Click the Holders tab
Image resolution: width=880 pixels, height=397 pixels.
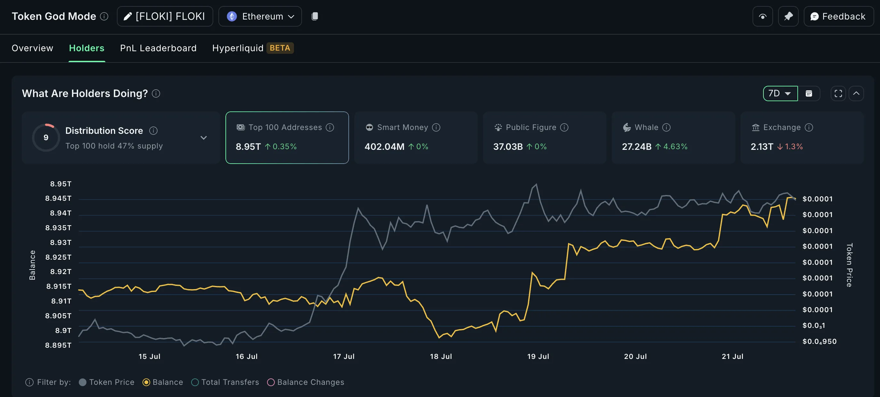click(86, 48)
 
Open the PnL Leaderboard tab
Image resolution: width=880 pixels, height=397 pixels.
click(158, 48)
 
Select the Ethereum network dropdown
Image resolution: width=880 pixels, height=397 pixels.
click(260, 16)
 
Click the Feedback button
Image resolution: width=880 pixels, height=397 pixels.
click(838, 16)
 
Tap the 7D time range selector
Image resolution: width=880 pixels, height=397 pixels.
click(780, 93)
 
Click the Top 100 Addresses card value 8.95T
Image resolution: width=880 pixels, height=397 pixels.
click(248, 147)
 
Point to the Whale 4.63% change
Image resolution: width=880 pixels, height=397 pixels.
click(675, 147)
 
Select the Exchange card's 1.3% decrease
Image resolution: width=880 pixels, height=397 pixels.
click(793, 147)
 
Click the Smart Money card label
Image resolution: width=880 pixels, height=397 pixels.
click(402, 127)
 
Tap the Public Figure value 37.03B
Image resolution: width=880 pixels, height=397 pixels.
click(508, 147)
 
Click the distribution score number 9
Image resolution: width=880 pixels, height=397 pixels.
click(46, 138)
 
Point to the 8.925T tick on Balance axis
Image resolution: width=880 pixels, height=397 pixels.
click(58, 257)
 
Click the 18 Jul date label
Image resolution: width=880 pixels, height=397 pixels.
click(441, 356)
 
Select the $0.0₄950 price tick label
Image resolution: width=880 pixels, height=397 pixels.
click(819, 341)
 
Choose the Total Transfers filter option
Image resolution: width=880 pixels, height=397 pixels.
click(230, 382)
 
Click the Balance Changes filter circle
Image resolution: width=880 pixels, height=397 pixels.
click(271, 382)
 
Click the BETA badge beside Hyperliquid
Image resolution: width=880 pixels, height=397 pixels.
click(280, 48)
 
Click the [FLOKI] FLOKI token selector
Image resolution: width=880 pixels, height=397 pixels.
click(165, 16)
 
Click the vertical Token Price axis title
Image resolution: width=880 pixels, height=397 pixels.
click(849, 265)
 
